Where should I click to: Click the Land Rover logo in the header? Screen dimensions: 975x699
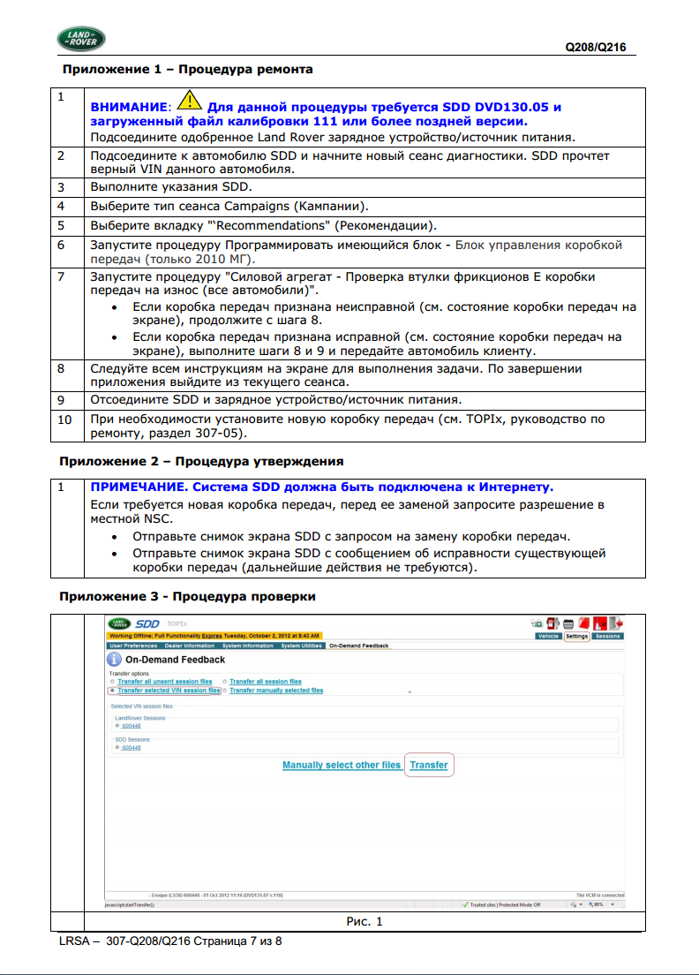[x=81, y=39]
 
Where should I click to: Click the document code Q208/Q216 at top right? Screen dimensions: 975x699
[x=596, y=48]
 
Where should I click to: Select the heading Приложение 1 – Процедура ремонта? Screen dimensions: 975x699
[x=186, y=69]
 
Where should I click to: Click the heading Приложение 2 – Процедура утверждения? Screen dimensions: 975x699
[x=201, y=461]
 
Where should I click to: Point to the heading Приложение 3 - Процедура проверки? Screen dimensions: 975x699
[x=187, y=596]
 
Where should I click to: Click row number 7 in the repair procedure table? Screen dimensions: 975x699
[x=62, y=276]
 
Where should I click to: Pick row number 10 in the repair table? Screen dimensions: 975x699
[x=64, y=419]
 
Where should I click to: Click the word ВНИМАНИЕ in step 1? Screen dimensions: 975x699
[x=129, y=107]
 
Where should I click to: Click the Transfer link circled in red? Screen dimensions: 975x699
[x=429, y=765]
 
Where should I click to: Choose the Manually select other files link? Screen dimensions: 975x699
[x=341, y=765]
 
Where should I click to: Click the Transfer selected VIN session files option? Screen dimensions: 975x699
[x=169, y=691]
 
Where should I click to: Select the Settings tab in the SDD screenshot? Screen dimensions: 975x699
[x=576, y=636]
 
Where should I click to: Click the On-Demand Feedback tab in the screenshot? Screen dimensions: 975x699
[x=358, y=646]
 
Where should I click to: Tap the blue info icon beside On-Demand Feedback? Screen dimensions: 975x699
[x=114, y=660]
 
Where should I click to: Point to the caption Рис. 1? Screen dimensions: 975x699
[x=364, y=922]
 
